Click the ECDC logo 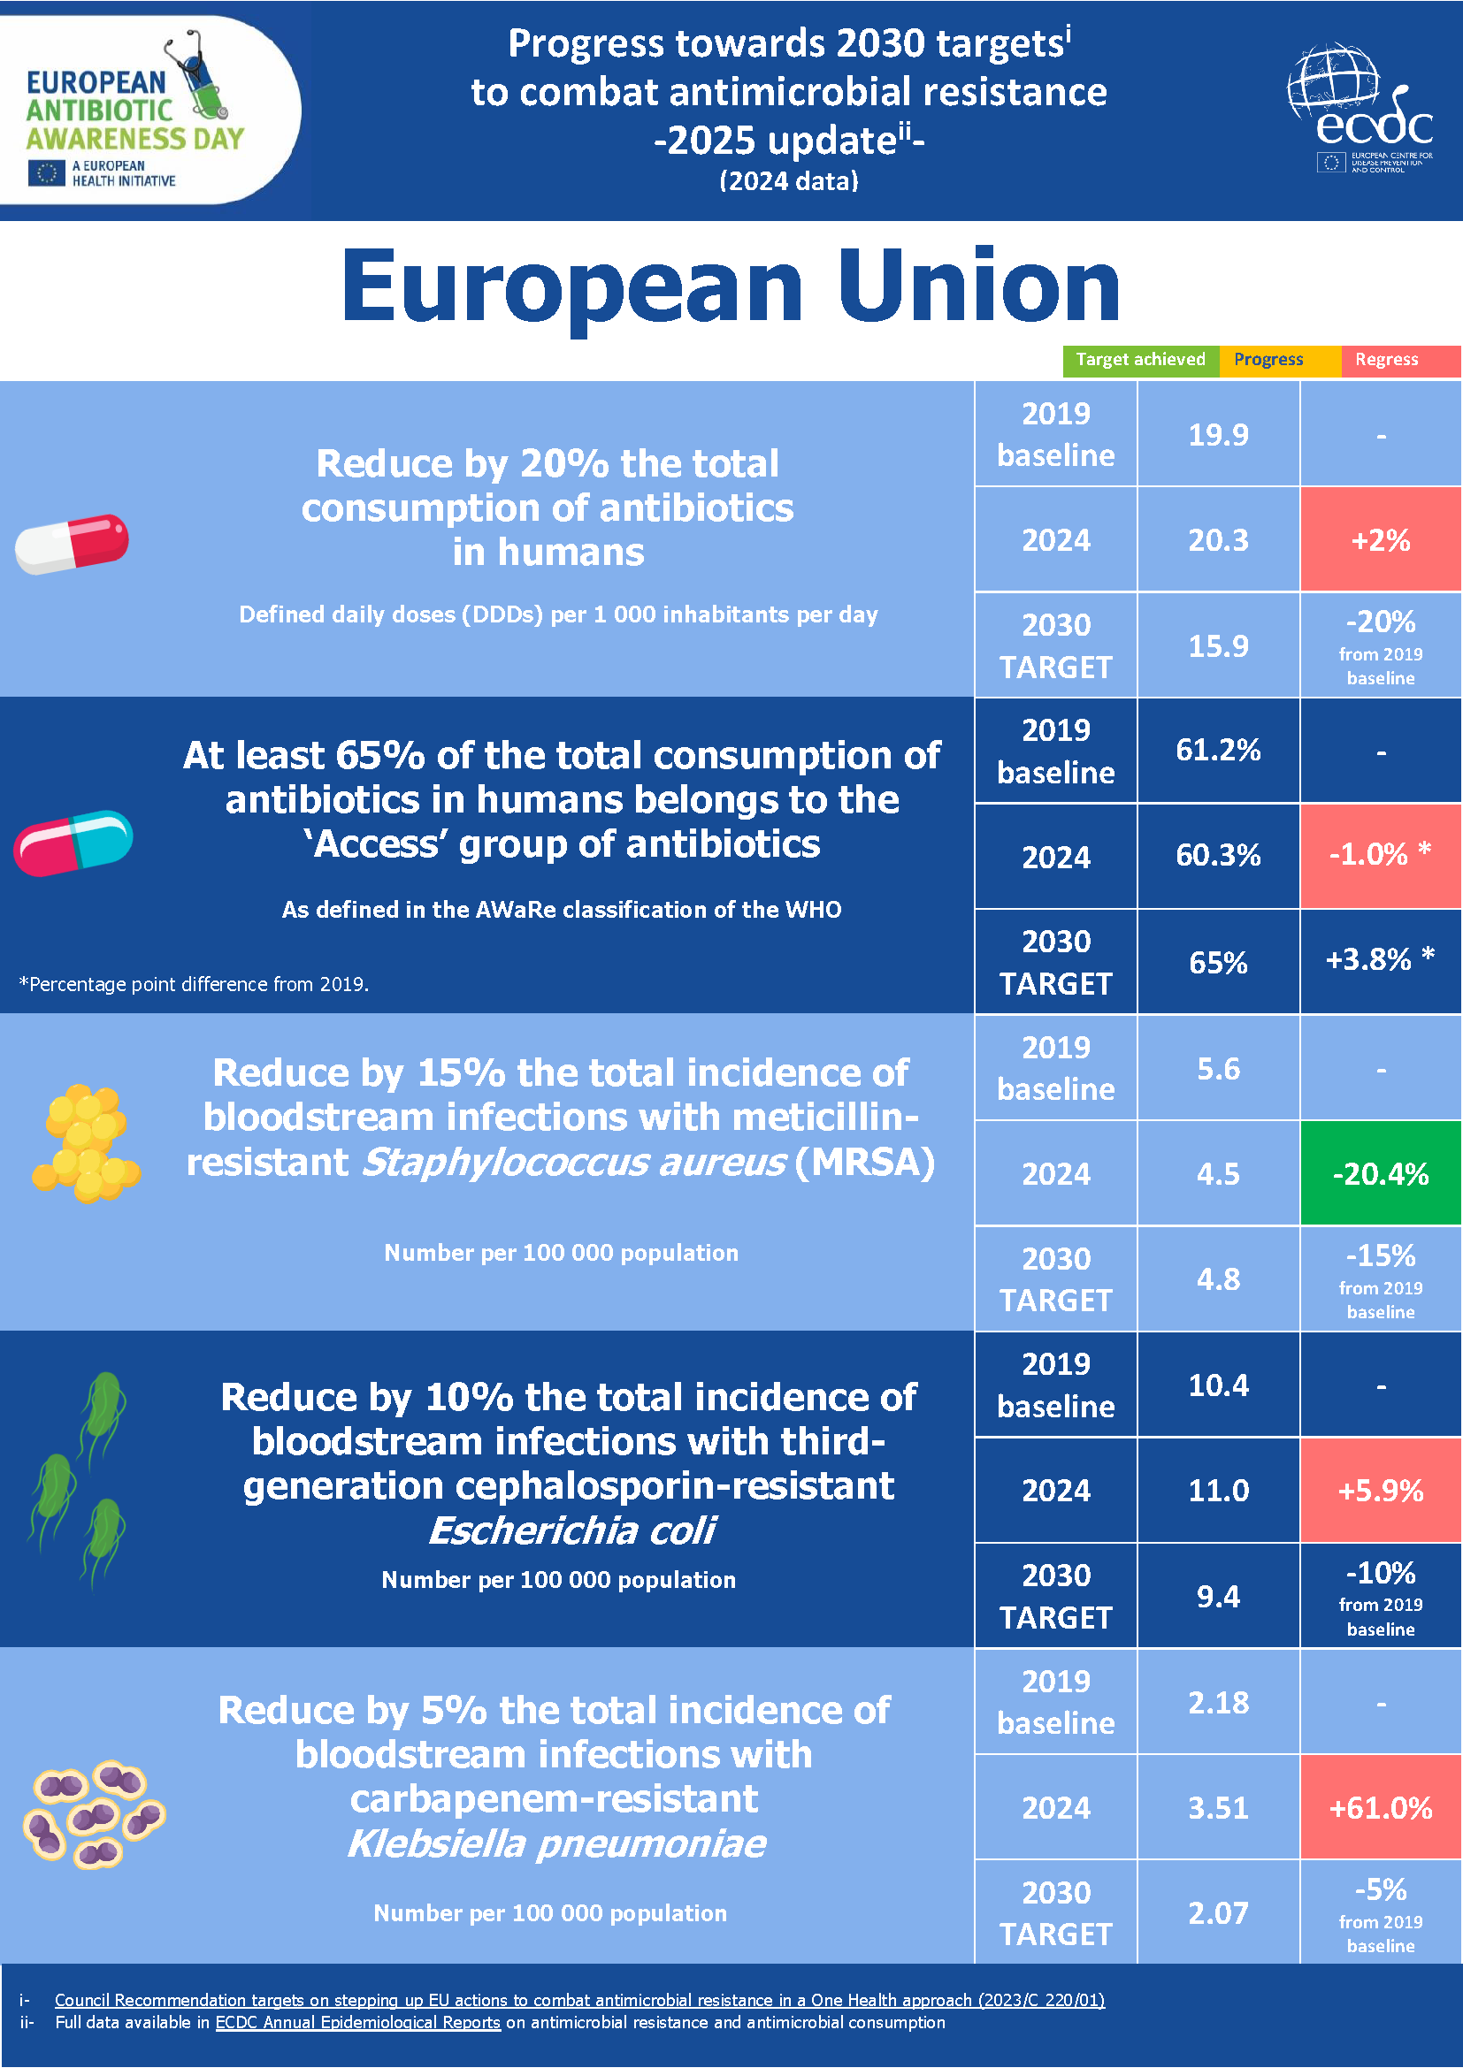pos(1360,109)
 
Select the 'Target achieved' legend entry pos(1139,360)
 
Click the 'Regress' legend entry pos(1386,360)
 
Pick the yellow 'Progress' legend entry pos(1268,360)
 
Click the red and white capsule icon pos(72,543)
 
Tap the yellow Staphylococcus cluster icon pos(87,1145)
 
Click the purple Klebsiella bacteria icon pos(93,1813)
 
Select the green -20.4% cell pos(1380,1173)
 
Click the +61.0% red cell pos(1380,1808)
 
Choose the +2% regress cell pos(1380,540)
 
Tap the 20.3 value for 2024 pos(1218,540)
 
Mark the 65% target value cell pos(1218,963)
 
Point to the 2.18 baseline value pos(1218,1702)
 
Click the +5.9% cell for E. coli pos(1380,1491)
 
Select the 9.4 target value pos(1218,1597)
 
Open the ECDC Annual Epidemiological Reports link pos(357,2022)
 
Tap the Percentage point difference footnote pos(194,984)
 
